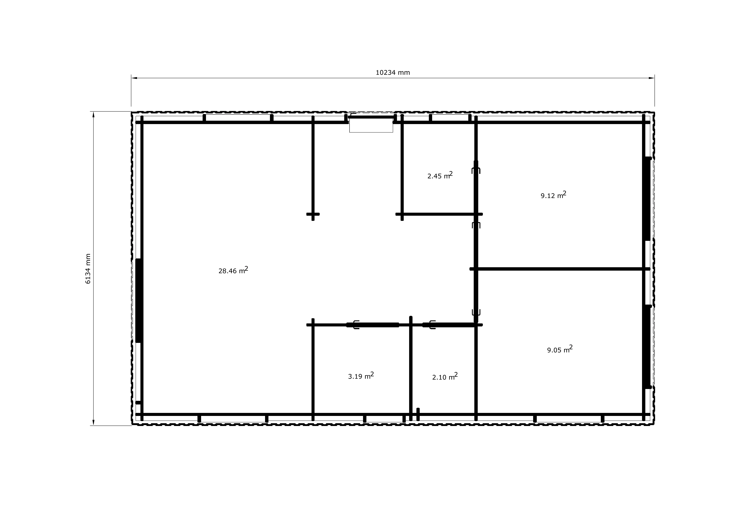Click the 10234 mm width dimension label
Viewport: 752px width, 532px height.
pyautogui.click(x=393, y=72)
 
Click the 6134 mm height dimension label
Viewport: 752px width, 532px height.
pyautogui.click(x=88, y=269)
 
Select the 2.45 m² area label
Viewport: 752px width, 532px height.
pyautogui.click(x=440, y=175)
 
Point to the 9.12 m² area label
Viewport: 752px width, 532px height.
pyautogui.click(x=554, y=195)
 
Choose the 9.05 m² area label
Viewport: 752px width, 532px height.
pyautogui.click(x=560, y=349)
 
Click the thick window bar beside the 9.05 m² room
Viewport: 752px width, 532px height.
pyautogui.click(x=647, y=347)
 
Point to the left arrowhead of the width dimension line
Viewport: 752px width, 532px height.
pyautogui.click(x=134, y=78)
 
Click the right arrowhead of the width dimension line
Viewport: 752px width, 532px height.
pyautogui.click(x=651, y=78)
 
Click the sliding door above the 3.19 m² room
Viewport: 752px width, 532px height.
pyautogui.click(x=373, y=325)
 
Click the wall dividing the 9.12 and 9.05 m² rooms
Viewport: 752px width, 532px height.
pyautogui.click(x=560, y=269)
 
